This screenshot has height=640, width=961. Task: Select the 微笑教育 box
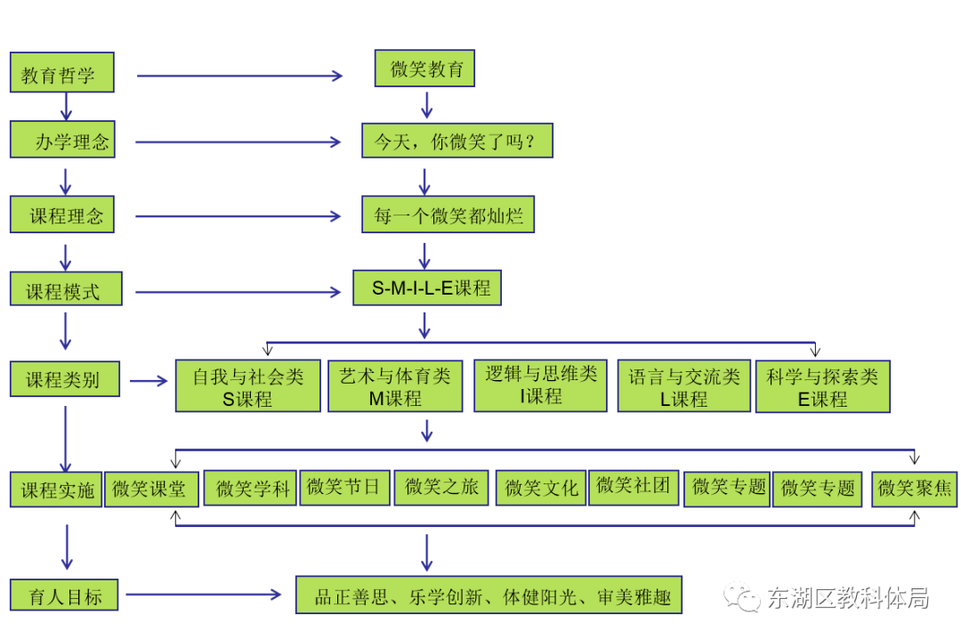(426, 69)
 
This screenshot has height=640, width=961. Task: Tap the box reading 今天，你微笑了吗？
(457, 142)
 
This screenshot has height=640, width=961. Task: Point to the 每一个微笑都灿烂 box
(448, 215)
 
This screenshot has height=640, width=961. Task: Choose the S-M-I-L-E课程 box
(427, 288)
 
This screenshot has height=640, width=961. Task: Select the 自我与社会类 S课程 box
(247, 387)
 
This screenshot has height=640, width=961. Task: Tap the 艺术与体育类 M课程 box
(395, 387)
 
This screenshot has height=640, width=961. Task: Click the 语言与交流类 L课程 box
(683, 387)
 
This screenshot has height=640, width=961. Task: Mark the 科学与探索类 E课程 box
(822, 387)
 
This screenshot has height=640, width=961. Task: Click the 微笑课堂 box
(149, 489)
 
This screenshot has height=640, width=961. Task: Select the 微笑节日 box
(344, 487)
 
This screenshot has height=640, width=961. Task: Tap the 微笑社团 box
(633, 485)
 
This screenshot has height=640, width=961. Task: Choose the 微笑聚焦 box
(915, 488)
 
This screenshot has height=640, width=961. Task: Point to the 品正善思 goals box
(489, 595)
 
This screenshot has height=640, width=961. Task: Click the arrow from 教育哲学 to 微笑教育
(239, 76)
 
